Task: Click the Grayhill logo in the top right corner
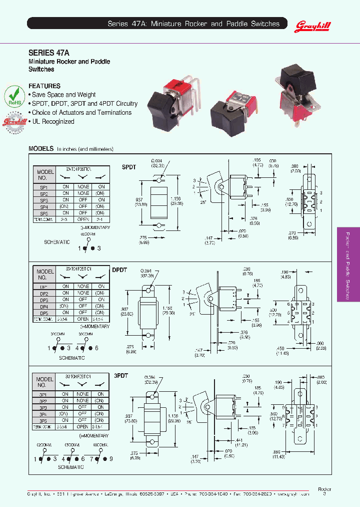pyautogui.click(x=313, y=25)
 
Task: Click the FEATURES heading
pyautogui.click(x=44, y=86)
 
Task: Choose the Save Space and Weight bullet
pyautogui.click(x=62, y=95)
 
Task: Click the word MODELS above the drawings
pyautogui.click(x=41, y=149)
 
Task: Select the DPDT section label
pyautogui.click(x=119, y=270)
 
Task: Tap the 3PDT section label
pyautogui.click(x=121, y=375)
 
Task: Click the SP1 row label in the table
pyautogui.click(x=44, y=186)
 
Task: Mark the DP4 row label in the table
pyautogui.click(x=44, y=306)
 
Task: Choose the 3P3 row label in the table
pyautogui.click(x=44, y=408)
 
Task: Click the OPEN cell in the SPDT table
pyautogui.click(x=83, y=219)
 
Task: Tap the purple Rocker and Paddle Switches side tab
pyautogui.click(x=348, y=264)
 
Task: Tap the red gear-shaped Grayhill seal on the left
pyautogui.click(x=15, y=123)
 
